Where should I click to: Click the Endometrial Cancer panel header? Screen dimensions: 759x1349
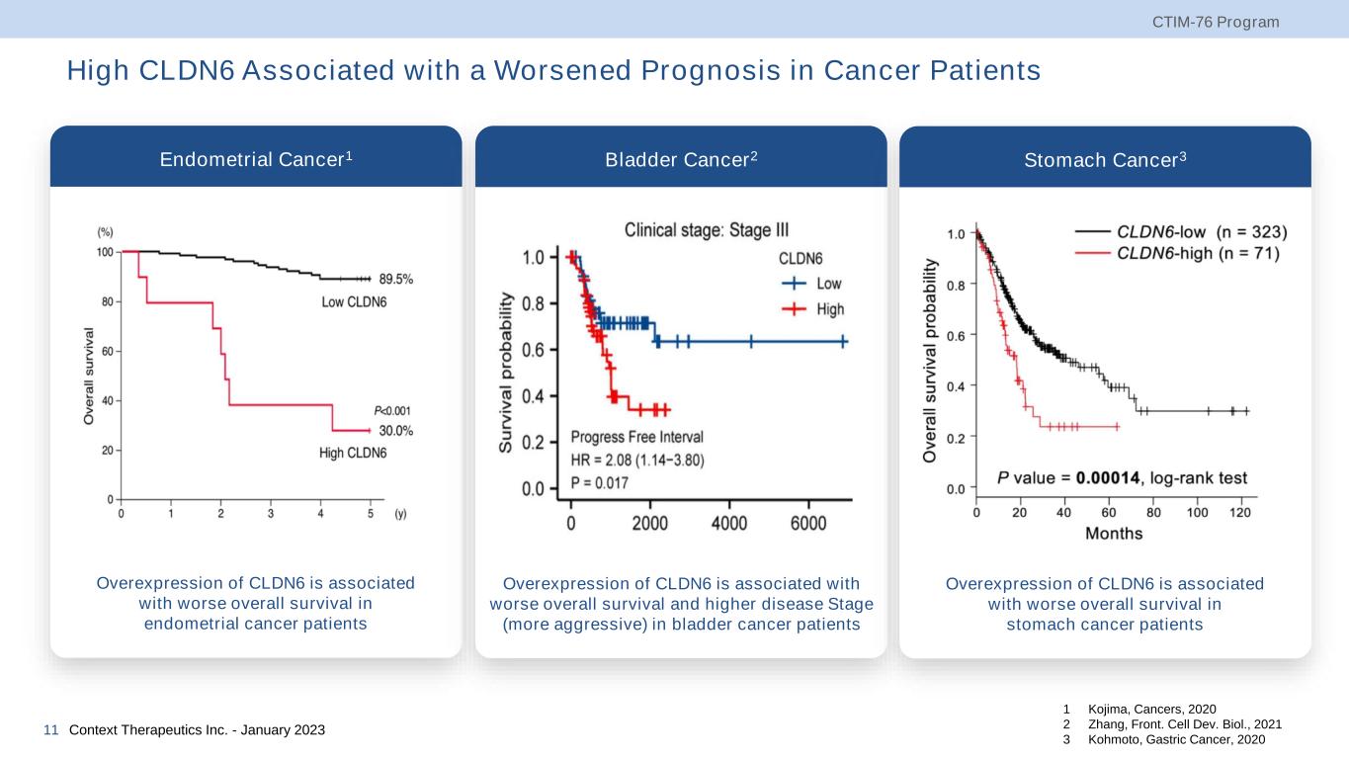[256, 158]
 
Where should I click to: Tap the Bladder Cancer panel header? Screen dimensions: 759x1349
[681, 158]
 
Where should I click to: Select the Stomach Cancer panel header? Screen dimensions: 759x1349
[1105, 158]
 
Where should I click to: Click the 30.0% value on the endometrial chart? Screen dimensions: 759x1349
[395, 431]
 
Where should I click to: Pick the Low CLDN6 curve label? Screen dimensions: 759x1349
[354, 301]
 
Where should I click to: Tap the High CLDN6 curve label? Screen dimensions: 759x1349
[353, 454]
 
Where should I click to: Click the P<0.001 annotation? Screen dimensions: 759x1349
[392, 411]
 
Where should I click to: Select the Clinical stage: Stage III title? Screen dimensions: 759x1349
[707, 230]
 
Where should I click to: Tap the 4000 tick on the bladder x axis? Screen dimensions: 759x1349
[729, 524]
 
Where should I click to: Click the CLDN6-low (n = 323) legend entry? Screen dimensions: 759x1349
[1201, 233]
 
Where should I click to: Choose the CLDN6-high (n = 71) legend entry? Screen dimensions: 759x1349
[1197, 254]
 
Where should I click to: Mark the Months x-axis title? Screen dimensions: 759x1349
[1114, 534]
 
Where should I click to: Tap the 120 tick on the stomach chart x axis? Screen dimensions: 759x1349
[1239, 513]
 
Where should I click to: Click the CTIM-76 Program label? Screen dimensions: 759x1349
[1229, 22]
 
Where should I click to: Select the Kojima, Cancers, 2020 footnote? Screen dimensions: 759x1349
[1151, 710]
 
